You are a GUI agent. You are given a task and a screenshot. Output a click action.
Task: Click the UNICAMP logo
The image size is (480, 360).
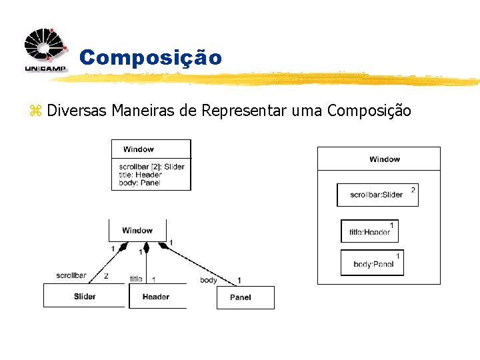(45, 51)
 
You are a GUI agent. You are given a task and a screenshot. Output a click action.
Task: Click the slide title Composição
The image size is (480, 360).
(150, 58)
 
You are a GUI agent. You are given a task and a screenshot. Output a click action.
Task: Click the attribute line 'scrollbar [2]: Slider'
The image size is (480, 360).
(151, 167)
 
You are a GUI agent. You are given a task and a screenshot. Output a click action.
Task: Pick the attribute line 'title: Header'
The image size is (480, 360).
(140, 175)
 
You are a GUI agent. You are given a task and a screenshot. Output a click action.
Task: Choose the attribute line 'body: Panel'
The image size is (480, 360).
(139, 183)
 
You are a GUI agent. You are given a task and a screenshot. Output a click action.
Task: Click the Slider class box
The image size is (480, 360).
(85, 296)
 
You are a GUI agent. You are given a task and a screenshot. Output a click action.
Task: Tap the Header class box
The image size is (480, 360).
(156, 297)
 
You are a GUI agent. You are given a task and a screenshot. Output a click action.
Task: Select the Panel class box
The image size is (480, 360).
(245, 297)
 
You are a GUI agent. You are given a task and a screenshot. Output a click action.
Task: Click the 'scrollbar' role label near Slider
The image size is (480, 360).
(71, 275)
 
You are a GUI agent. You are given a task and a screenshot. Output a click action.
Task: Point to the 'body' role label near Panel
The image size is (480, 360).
(209, 280)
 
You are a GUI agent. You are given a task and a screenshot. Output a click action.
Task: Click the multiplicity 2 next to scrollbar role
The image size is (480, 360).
(106, 275)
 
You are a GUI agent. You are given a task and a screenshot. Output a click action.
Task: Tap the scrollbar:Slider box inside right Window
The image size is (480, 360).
(377, 195)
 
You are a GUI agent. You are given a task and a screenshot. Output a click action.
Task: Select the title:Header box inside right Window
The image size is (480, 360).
(369, 231)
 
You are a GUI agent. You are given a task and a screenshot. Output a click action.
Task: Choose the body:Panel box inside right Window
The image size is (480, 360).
(372, 263)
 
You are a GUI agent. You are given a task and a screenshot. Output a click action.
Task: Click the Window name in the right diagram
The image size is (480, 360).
(385, 159)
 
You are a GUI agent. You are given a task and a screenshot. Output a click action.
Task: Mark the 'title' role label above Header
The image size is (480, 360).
(136, 279)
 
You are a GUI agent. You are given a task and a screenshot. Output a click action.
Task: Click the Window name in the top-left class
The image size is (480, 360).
(139, 149)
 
